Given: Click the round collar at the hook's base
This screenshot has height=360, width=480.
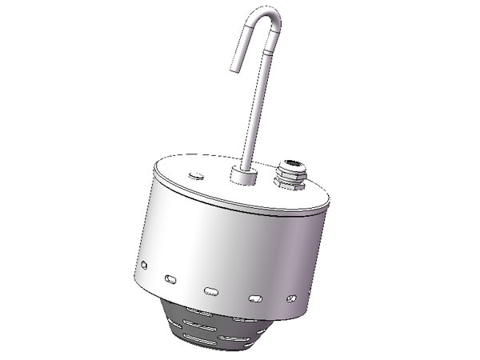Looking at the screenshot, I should point(241,175).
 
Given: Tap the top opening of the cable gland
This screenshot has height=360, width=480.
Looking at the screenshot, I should point(286,166).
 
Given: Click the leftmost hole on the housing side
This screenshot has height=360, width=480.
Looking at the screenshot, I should point(143,264).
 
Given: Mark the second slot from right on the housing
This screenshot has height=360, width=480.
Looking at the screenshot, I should point(255,297).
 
